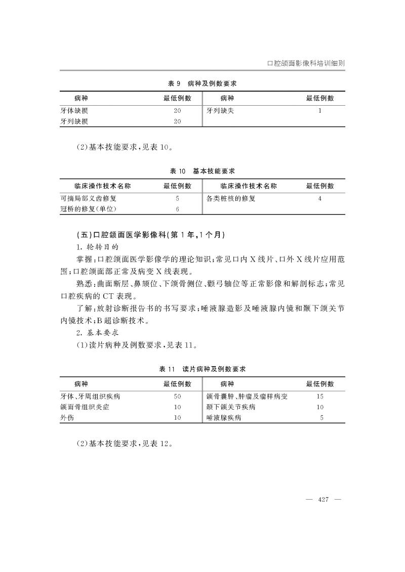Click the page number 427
[x=324, y=500]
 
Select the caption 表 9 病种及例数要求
[x=202, y=83]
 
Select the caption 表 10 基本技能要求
[x=202, y=171]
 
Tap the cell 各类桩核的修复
[x=231, y=199]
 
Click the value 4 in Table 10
[x=320, y=199]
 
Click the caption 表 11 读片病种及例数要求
[x=202, y=370]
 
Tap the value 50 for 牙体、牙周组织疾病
[x=177, y=397]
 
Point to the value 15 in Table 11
[x=320, y=397]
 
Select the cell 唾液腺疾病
[x=224, y=418]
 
